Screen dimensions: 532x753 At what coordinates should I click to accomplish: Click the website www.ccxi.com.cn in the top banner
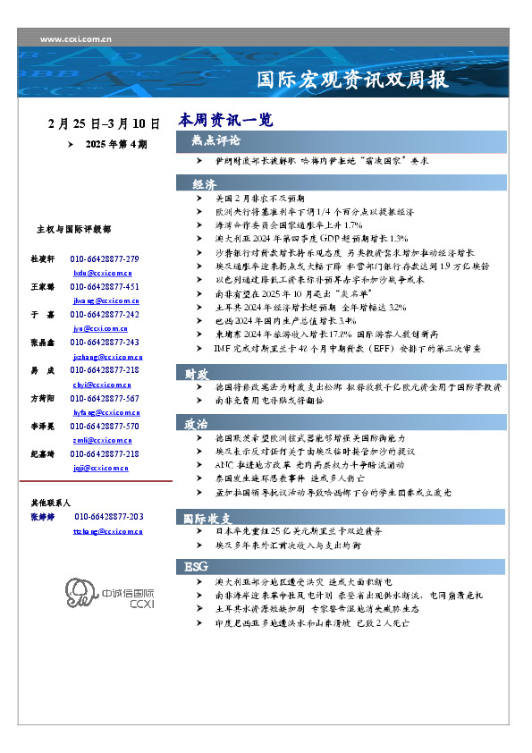coord(76,39)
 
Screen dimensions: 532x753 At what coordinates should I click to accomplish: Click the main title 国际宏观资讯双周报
coord(352,79)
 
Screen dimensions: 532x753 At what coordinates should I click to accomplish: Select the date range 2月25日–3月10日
coord(105,123)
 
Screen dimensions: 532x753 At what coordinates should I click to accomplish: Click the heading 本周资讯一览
coord(225,119)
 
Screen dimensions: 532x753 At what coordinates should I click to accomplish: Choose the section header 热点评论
coord(215,140)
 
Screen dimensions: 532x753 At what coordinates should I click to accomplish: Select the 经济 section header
coord(204,183)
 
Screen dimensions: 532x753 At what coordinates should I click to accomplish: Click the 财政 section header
coord(198,374)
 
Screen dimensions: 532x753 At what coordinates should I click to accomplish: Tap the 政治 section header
coord(197,423)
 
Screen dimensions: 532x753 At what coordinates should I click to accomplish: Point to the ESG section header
coord(196,567)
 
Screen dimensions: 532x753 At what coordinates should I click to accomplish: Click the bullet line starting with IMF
coord(360,347)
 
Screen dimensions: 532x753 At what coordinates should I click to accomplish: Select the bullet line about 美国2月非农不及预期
coord(259,199)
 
